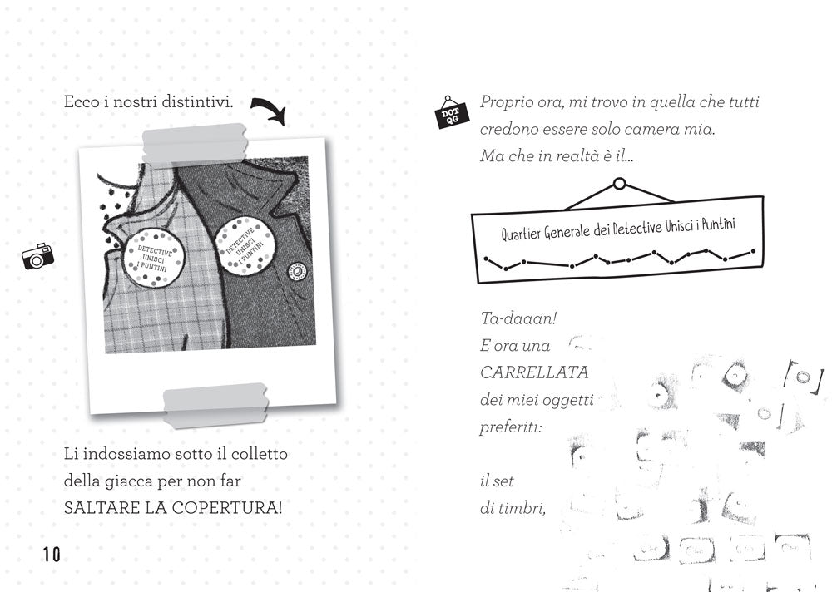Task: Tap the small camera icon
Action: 37,256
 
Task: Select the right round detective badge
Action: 244,241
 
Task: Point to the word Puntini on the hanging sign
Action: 721,224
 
